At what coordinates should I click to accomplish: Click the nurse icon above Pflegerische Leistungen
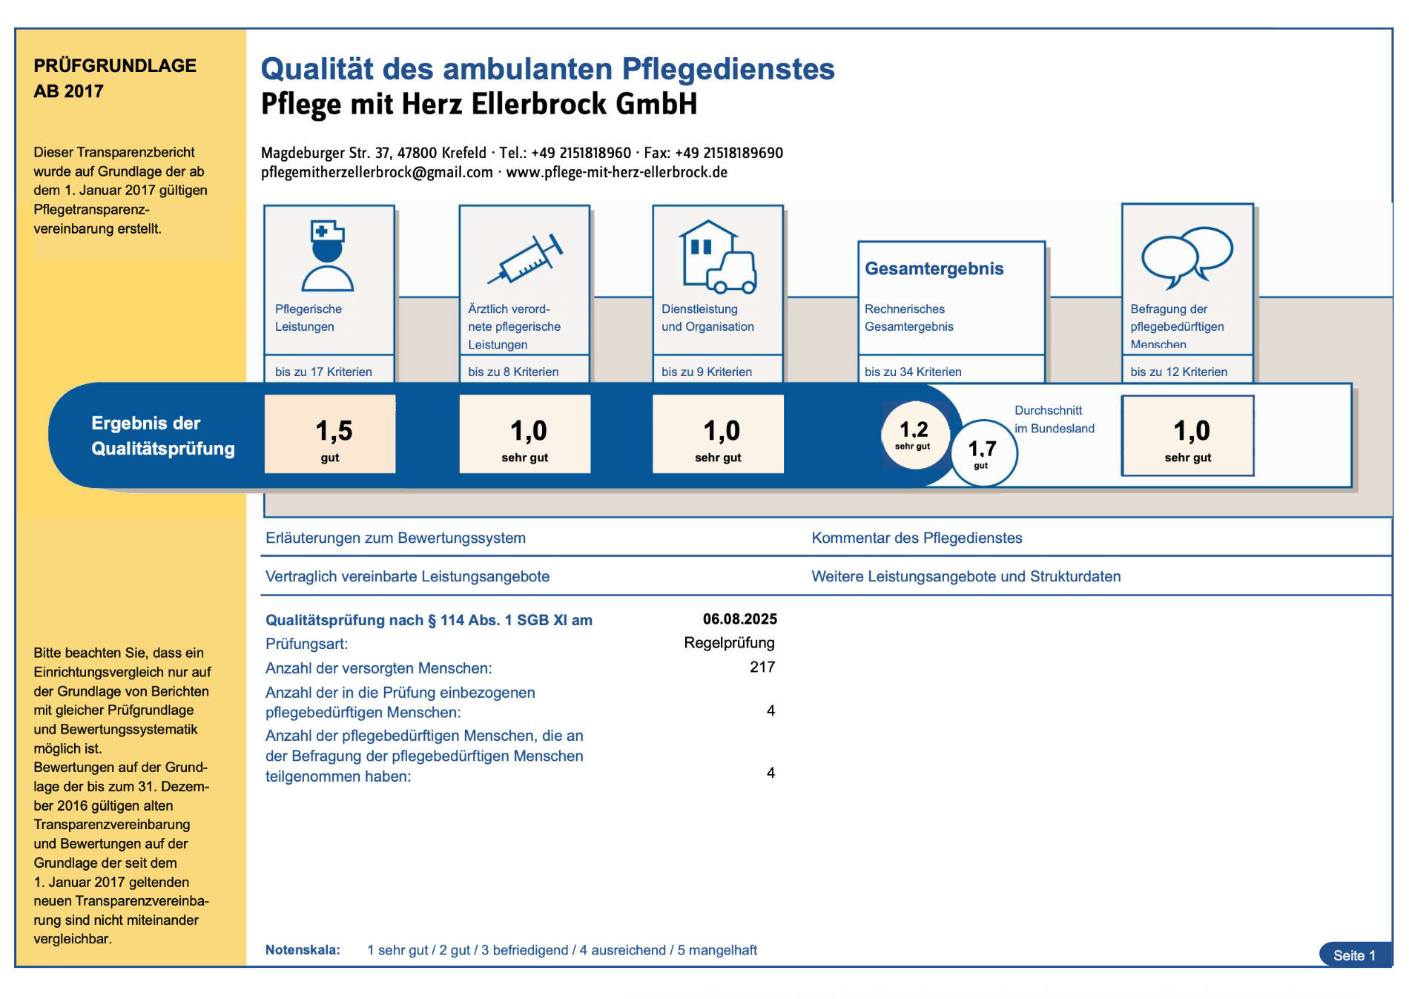(328, 255)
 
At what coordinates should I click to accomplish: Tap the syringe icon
(525, 259)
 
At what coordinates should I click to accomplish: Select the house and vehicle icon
(717, 256)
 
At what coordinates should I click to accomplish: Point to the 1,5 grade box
(330, 434)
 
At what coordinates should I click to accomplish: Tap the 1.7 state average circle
(983, 453)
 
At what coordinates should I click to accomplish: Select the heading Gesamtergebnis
(934, 268)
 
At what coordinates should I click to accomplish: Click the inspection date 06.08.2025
(740, 619)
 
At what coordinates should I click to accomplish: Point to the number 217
(762, 667)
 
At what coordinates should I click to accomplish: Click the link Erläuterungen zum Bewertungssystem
(395, 538)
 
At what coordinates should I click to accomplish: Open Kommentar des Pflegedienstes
(917, 538)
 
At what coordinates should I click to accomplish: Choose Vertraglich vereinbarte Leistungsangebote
(407, 577)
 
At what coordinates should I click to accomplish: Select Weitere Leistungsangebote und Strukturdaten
(966, 577)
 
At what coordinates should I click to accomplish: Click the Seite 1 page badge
(1355, 955)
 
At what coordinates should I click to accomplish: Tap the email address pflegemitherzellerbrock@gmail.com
(377, 173)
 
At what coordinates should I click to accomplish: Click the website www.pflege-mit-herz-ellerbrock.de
(616, 173)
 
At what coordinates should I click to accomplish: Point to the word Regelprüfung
(729, 643)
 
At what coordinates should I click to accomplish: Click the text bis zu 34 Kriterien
(913, 372)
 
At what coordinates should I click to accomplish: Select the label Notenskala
(303, 950)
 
